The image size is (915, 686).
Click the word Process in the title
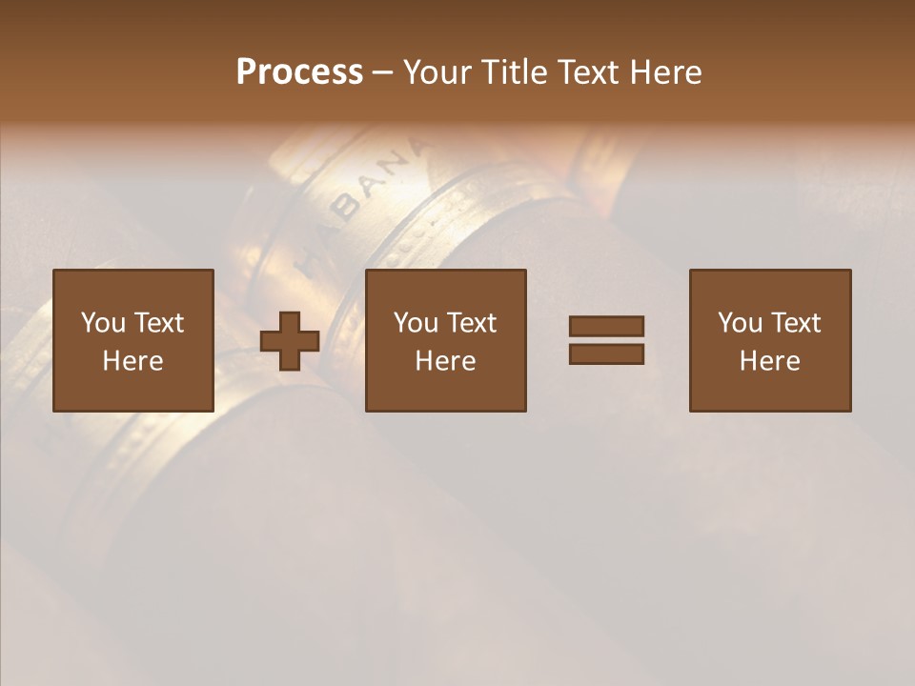tap(299, 72)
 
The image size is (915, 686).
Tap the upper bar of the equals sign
tap(606, 327)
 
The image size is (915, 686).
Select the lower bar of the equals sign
tap(606, 353)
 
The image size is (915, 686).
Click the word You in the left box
tap(103, 323)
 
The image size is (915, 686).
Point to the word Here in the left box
tap(132, 361)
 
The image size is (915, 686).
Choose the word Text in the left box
tap(158, 323)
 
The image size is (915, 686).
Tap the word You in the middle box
tap(416, 323)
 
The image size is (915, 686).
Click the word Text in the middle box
tap(471, 323)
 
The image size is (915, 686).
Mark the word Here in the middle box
tap(445, 361)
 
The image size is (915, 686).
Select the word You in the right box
tap(740, 323)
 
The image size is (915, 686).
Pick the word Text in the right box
tap(795, 323)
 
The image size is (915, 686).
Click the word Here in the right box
tap(769, 361)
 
